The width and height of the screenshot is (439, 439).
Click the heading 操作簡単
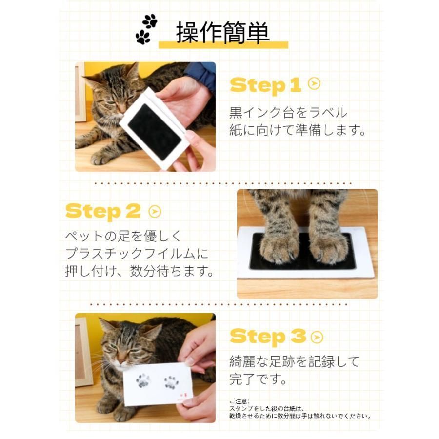click(222, 33)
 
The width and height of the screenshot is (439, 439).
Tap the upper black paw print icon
click(150, 20)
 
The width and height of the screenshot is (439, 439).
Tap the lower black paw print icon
click(143, 37)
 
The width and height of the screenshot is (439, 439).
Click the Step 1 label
click(265, 85)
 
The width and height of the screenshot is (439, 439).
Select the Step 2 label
click(103, 211)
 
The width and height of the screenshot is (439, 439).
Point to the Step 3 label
click(268, 337)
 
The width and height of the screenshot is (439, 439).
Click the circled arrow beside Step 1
click(314, 83)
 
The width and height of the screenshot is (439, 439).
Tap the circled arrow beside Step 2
click(155, 212)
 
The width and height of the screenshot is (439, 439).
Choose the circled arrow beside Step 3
click(317, 337)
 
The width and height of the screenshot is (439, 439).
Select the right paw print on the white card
click(171, 383)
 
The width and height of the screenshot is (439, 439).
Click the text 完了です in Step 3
click(258, 379)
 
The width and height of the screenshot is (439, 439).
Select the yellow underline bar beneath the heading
click(223, 45)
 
